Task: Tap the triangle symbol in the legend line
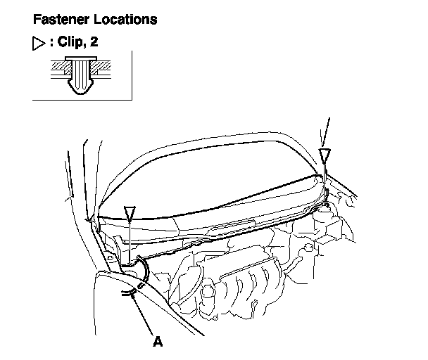[39, 44]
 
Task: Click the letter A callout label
[158, 342]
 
